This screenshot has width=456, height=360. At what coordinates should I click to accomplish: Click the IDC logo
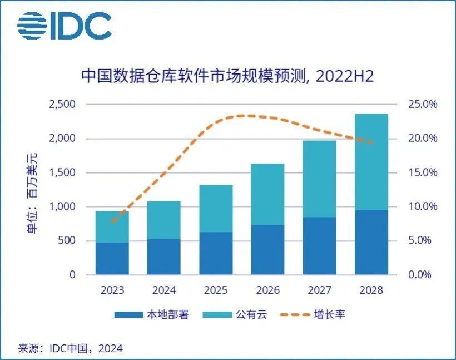click(x=65, y=27)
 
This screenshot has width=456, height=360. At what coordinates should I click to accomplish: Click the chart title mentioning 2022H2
click(x=227, y=76)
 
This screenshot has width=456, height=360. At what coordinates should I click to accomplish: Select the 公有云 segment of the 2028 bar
click(x=371, y=161)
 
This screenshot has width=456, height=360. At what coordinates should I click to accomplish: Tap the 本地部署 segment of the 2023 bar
click(x=112, y=259)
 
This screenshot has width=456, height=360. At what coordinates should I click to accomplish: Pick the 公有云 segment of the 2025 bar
click(x=216, y=209)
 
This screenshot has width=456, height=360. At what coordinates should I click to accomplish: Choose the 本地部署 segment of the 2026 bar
click(x=267, y=250)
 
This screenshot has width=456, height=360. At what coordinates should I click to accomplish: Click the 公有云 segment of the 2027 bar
click(x=319, y=179)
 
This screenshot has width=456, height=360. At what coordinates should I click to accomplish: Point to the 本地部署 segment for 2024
click(x=163, y=257)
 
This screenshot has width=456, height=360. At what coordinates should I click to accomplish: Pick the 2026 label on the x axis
click(x=267, y=290)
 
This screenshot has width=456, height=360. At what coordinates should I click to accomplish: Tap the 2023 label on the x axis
click(x=112, y=290)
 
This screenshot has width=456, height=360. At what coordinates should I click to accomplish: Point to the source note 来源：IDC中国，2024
click(x=71, y=348)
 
